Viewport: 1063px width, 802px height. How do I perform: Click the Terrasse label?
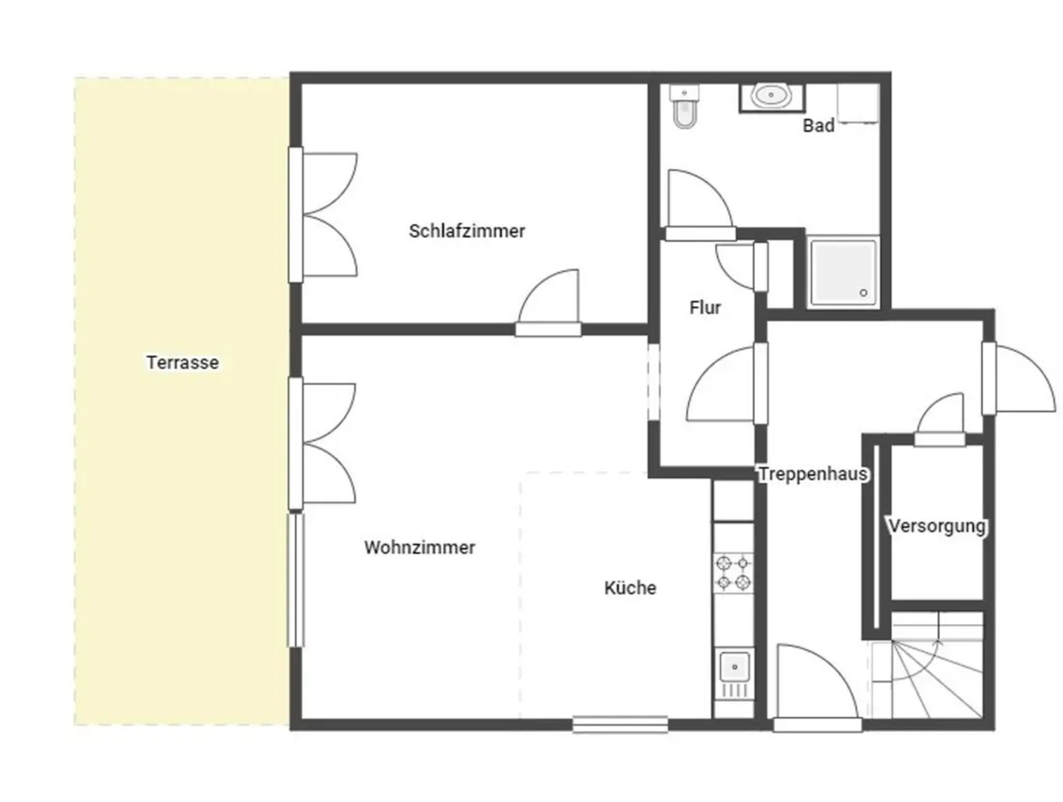coord(182,362)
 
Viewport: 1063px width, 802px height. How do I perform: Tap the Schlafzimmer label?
coord(467,231)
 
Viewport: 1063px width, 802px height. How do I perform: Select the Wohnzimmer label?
coord(420,547)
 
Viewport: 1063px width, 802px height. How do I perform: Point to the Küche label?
coord(630,588)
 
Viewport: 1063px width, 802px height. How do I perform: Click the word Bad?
coord(819,126)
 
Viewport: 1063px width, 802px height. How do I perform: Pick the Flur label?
coord(705,307)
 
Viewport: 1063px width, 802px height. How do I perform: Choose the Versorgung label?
coord(937,526)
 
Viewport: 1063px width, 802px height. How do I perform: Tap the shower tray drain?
coord(863,293)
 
